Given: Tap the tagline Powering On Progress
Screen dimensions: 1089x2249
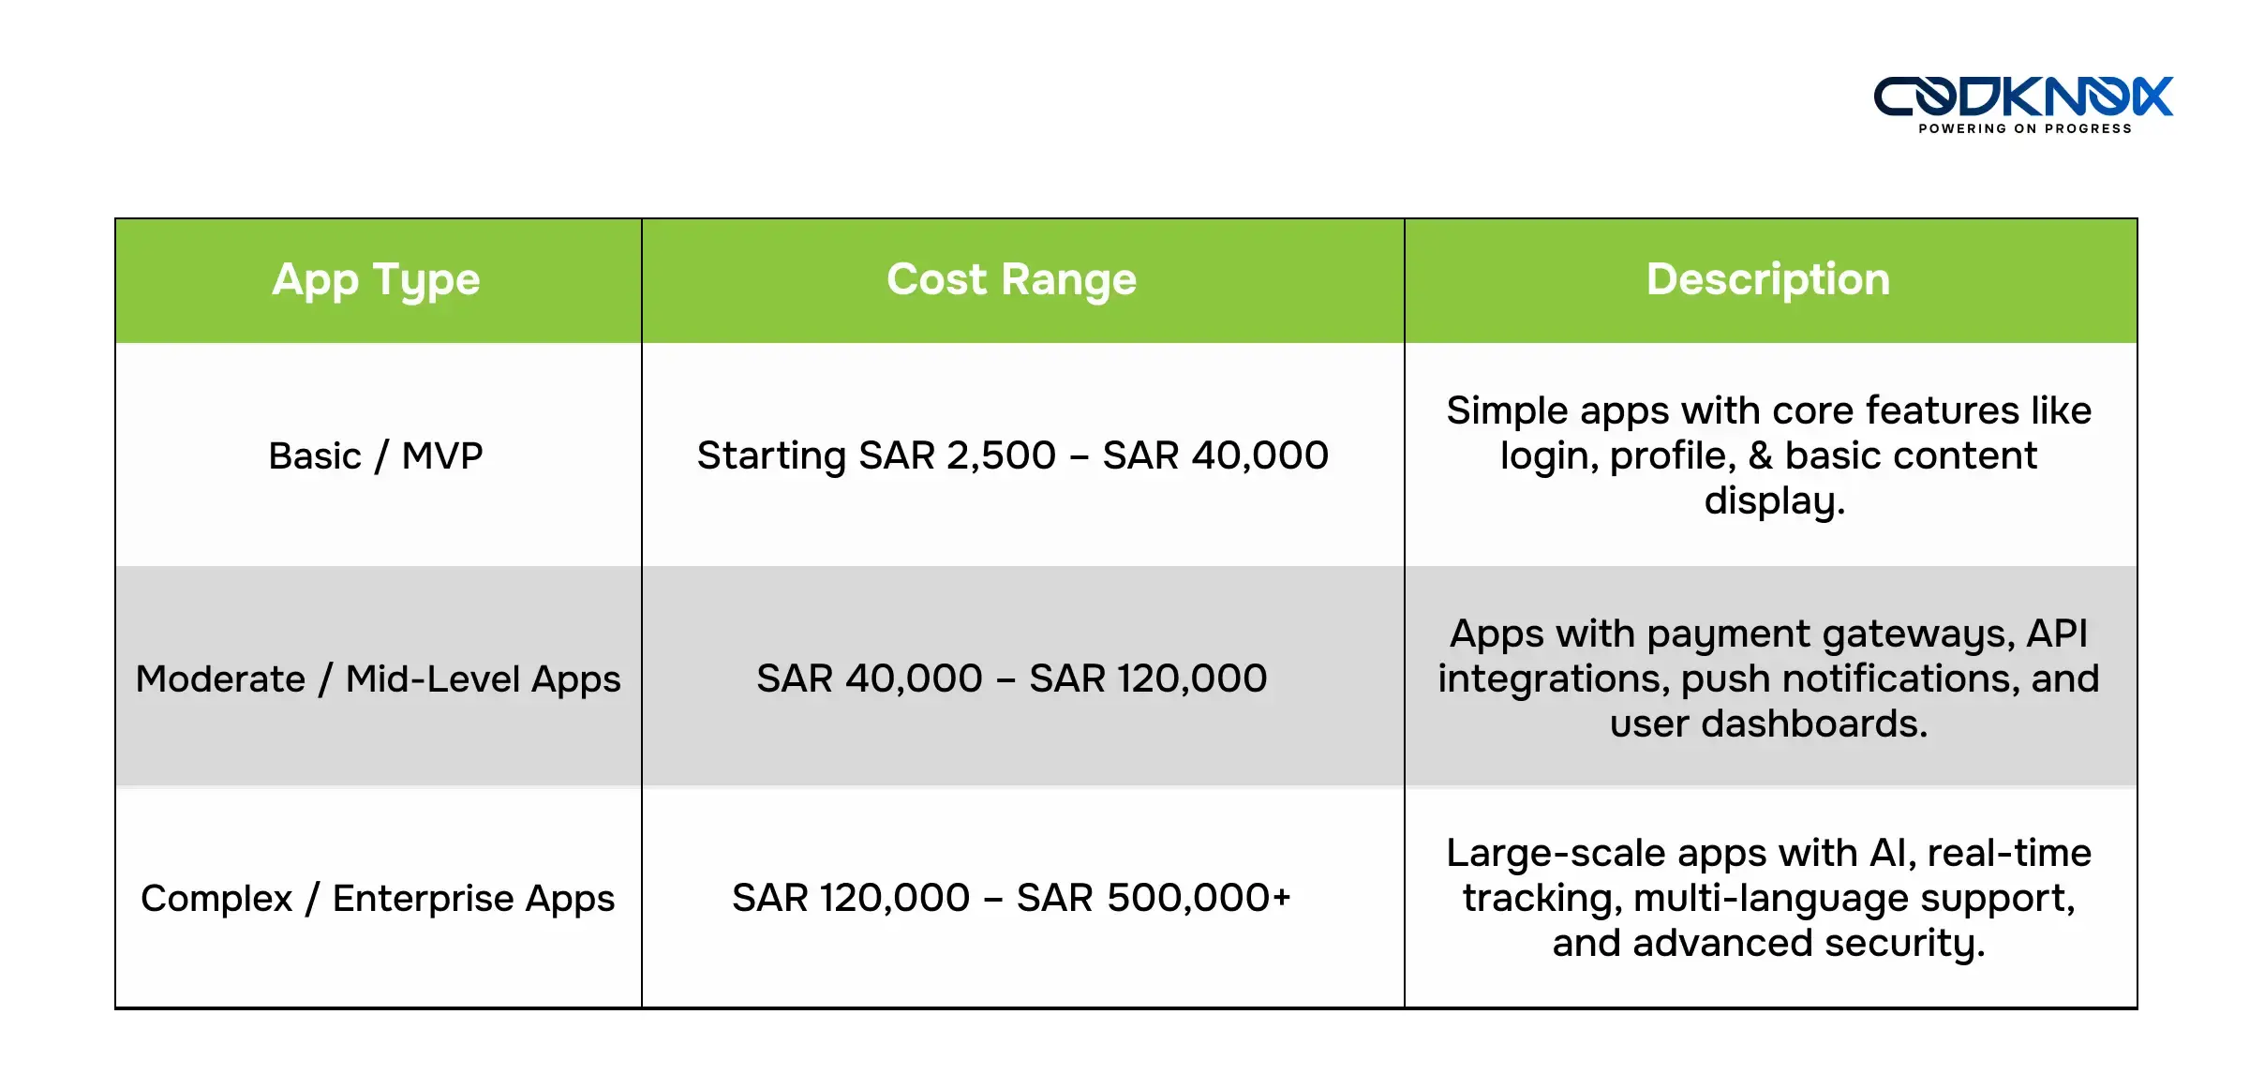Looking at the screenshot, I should [2024, 129].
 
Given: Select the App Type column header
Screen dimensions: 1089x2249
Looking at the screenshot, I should [376, 280].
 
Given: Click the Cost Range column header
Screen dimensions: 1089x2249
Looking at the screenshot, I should [1011, 280].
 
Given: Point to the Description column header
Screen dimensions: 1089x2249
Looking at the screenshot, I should [1768, 280].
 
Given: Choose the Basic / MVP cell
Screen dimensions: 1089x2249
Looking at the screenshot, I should [376, 456].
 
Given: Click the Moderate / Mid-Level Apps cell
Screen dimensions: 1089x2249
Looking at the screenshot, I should [378, 679].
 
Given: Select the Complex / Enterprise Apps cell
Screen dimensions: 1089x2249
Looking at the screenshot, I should [378, 899].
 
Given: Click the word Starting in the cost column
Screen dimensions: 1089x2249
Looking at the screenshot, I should [771, 456].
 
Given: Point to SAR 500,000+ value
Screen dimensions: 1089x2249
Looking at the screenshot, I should [1154, 899].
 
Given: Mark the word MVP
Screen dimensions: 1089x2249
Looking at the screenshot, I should [442, 456].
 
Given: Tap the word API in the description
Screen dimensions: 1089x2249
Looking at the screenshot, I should [2057, 634].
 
